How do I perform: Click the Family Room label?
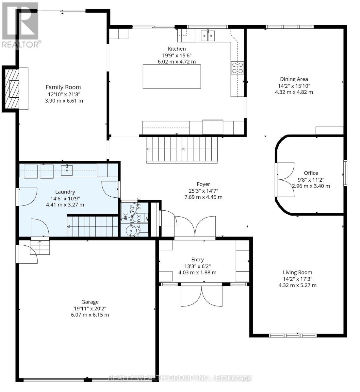click(63, 87)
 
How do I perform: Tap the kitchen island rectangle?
click(172, 76)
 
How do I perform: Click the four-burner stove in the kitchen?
click(237, 68)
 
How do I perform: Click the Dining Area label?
click(294, 79)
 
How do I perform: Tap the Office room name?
click(311, 173)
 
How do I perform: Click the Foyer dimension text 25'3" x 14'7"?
click(203, 191)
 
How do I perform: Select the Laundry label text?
click(65, 192)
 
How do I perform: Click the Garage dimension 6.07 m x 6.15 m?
click(90, 315)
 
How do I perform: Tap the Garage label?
click(90, 302)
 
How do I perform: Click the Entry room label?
click(197, 259)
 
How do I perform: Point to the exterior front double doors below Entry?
click(202, 295)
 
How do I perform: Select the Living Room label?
click(297, 272)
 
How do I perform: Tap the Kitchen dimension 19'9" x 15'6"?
click(177, 55)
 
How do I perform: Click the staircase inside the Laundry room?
click(92, 226)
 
